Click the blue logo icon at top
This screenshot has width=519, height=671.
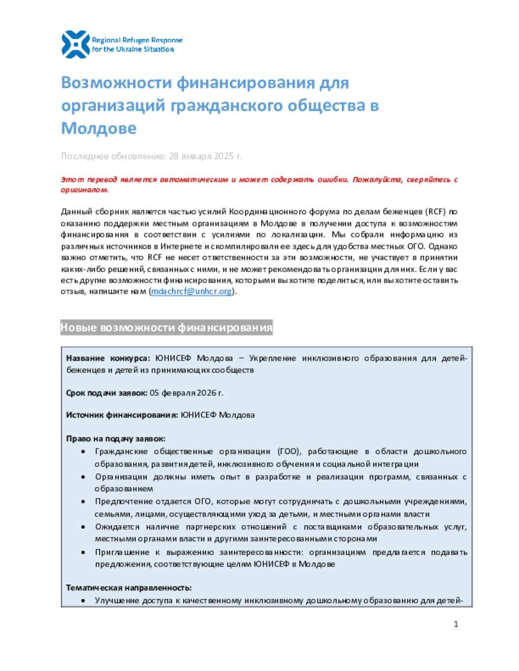(x=76, y=44)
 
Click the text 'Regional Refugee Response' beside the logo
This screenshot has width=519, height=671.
(x=137, y=40)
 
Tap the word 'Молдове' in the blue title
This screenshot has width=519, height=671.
(x=99, y=128)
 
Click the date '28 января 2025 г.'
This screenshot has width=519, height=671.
(x=205, y=156)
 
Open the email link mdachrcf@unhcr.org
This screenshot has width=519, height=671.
(x=192, y=291)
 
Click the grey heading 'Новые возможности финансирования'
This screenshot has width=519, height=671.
(x=166, y=328)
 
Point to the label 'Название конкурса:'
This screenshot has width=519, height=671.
(x=108, y=358)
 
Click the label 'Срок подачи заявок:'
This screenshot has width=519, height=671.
(x=106, y=392)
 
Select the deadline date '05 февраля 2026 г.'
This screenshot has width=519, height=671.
(x=187, y=392)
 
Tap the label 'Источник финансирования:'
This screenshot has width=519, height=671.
(x=122, y=415)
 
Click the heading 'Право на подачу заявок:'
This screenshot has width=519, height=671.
(x=116, y=439)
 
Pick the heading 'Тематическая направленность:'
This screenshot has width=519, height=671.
(x=129, y=587)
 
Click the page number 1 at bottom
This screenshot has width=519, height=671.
(x=456, y=624)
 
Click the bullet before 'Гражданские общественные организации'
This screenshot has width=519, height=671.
(x=83, y=451)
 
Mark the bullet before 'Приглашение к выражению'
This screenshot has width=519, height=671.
(x=83, y=552)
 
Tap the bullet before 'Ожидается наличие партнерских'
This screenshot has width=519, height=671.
(x=83, y=527)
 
